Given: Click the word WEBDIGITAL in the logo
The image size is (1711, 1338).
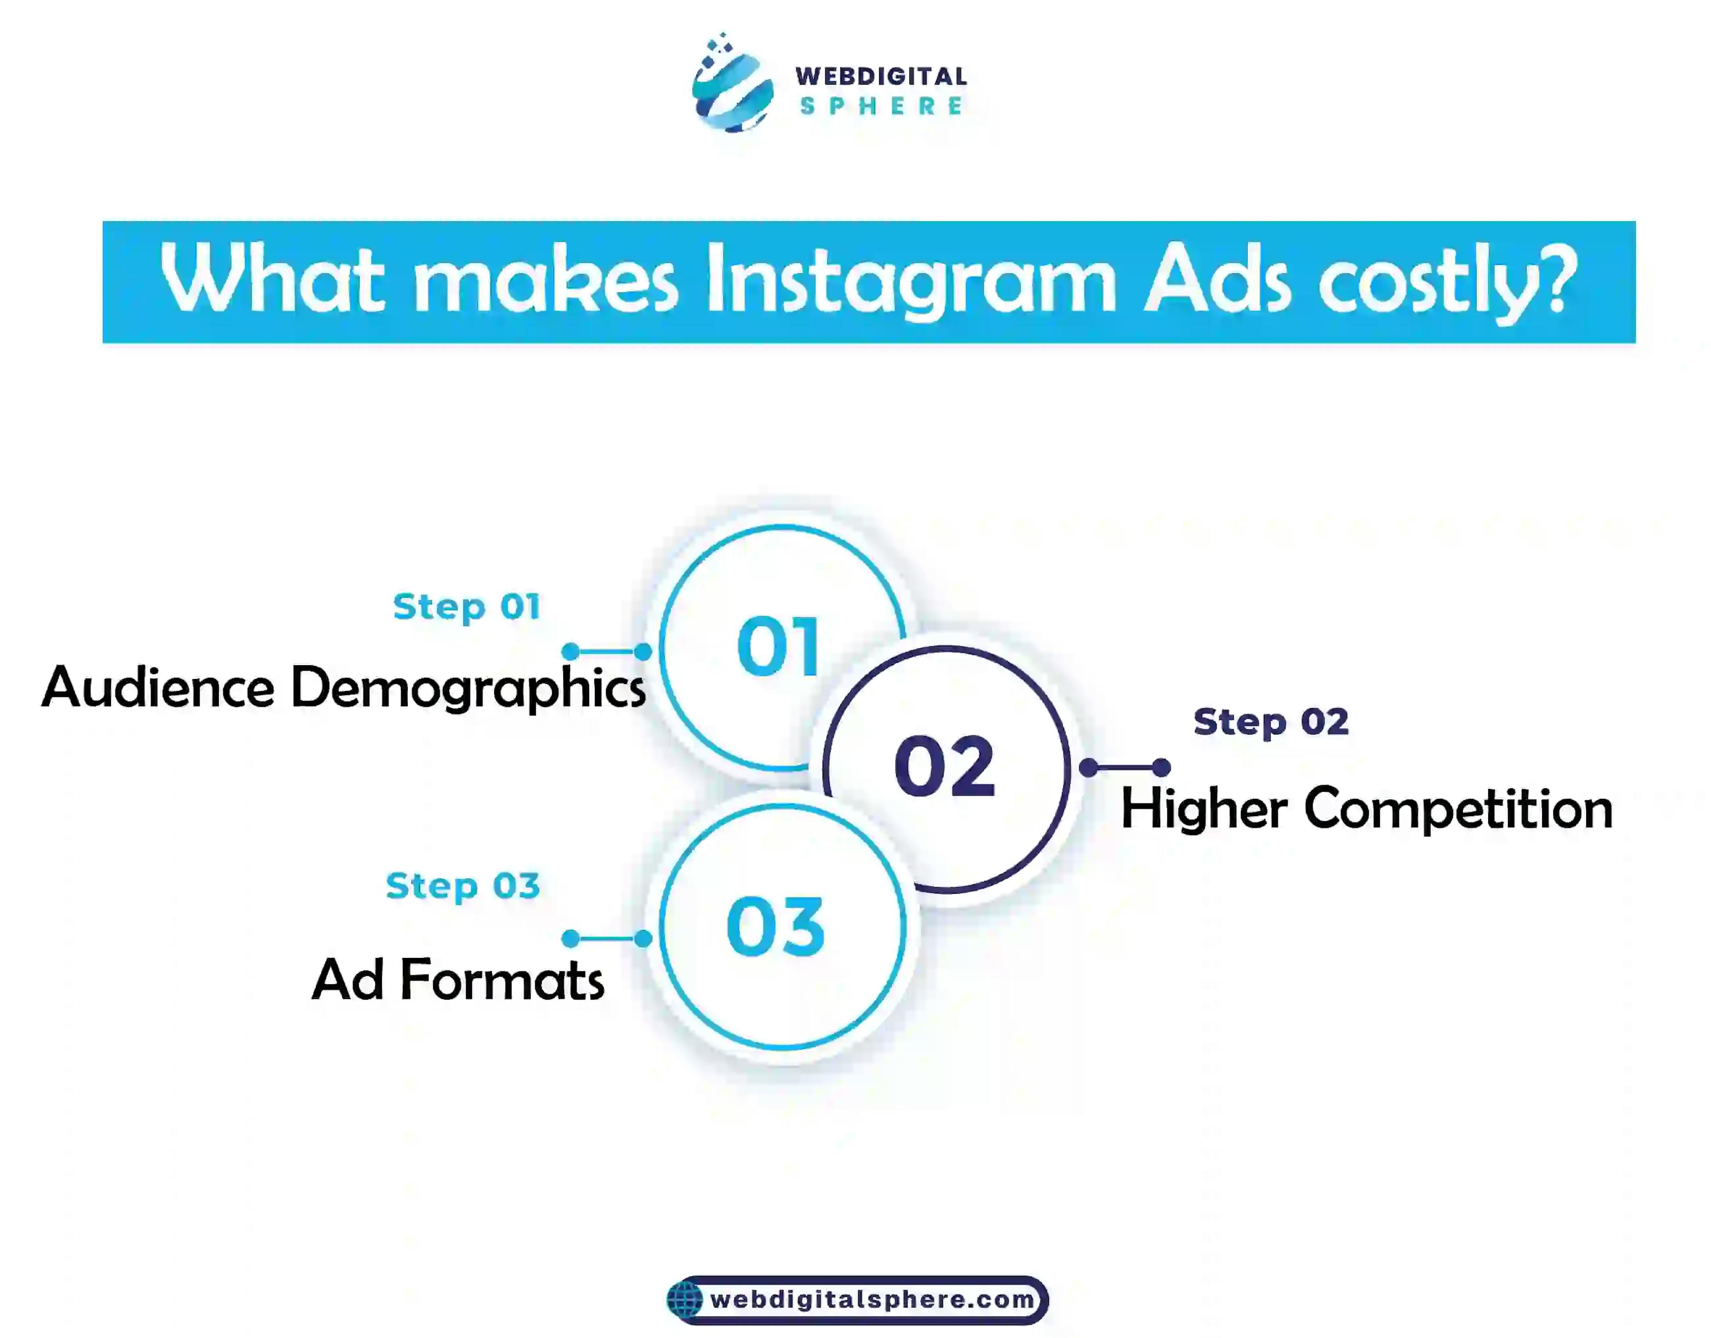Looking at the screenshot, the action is tap(881, 77).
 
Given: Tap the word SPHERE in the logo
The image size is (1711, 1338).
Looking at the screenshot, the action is tap(881, 106).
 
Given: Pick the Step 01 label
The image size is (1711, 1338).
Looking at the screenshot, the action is tap(467, 608).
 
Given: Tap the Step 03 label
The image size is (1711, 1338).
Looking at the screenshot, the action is tap(463, 887).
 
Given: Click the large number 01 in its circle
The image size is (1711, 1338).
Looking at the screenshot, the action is tap(778, 646).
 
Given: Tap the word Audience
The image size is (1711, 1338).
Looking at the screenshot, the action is tap(158, 686).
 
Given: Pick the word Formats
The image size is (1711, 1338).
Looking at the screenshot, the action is tap(502, 980).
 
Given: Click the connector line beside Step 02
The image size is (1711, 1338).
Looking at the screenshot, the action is tap(1125, 768).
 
